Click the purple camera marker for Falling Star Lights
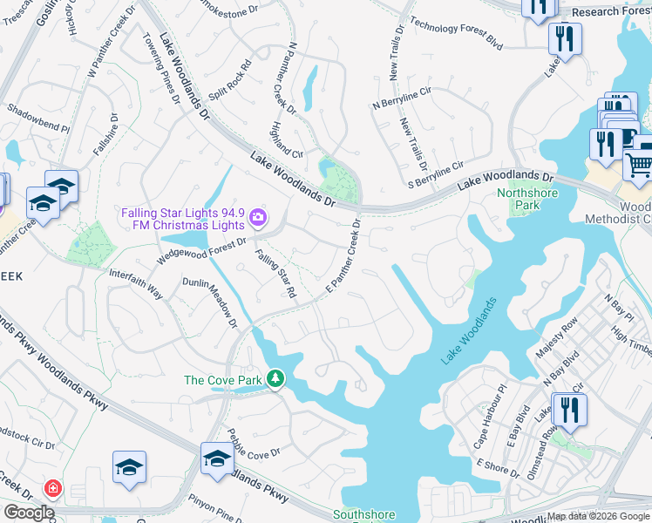(257, 216)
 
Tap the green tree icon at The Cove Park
(275, 379)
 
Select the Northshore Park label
(527, 199)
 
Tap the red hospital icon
(53, 488)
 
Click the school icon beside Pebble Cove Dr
(217, 457)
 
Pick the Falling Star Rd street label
(275, 274)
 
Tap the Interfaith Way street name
(135, 284)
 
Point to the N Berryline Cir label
(402, 98)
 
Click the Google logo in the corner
(29, 513)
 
